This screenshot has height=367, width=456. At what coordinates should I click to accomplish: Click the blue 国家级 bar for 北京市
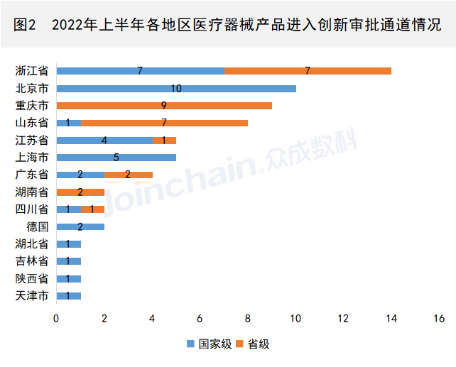pyautogui.click(x=176, y=89)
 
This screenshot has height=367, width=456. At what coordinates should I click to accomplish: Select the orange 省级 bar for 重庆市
pyautogui.click(x=164, y=106)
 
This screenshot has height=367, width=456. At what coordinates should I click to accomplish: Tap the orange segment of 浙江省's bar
pyautogui.click(x=308, y=71)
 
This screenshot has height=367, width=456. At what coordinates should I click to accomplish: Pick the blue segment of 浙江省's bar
pyautogui.click(x=140, y=71)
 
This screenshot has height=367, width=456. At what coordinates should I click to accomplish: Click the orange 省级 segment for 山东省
pyautogui.click(x=164, y=123)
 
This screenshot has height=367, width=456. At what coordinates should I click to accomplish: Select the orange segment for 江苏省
pyautogui.click(x=164, y=141)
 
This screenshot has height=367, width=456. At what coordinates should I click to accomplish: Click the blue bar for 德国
pyautogui.click(x=80, y=227)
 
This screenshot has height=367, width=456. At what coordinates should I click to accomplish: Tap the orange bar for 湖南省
pyautogui.click(x=80, y=192)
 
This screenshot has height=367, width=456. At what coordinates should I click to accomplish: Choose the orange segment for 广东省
pyautogui.click(x=129, y=175)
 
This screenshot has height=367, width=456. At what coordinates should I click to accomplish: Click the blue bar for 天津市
pyautogui.click(x=68, y=296)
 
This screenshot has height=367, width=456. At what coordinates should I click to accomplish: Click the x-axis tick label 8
pyautogui.click(x=248, y=318)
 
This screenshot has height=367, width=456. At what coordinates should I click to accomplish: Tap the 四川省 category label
pyautogui.click(x=32, y=209)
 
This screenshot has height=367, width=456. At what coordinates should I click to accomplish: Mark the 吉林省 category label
pyautogui.click(x=32, y=261)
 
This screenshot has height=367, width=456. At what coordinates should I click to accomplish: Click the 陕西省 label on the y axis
pyautogui.click(x=32, y=279)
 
